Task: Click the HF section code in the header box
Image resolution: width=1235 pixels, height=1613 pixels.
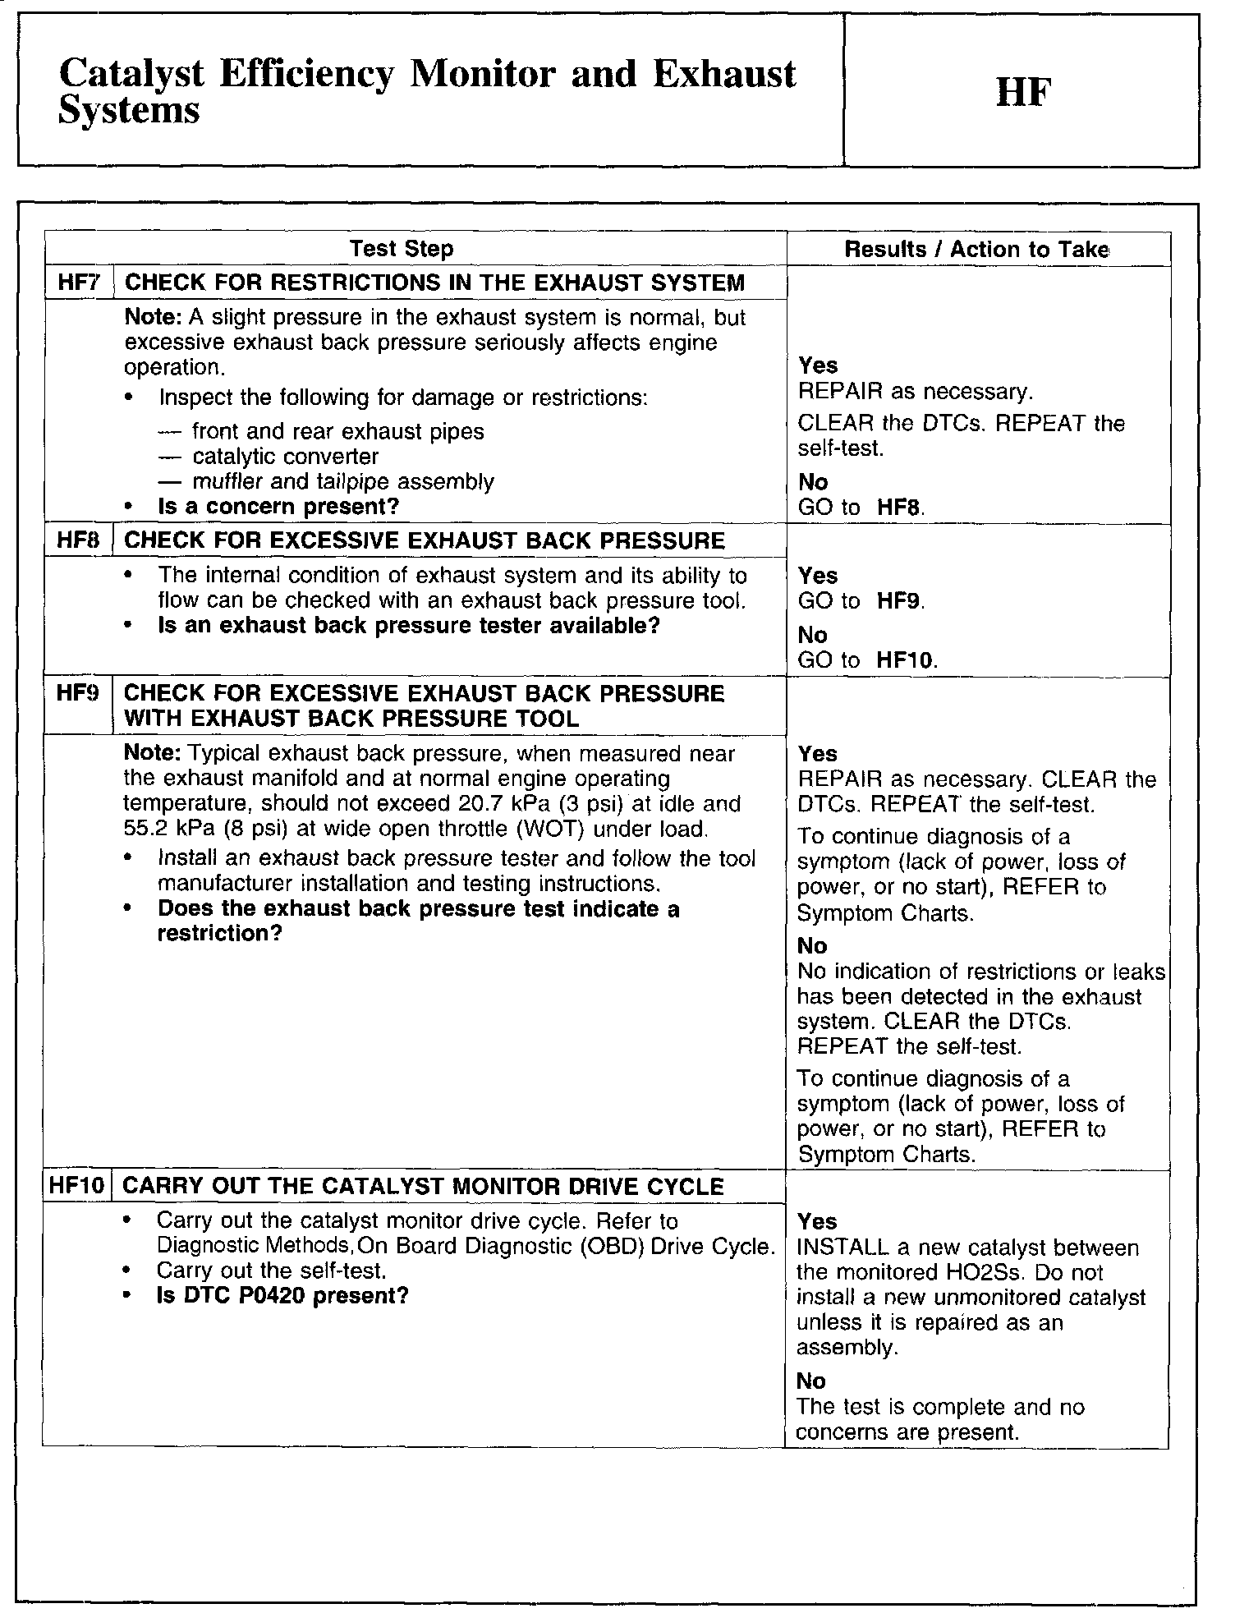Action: (x=1023, y=93)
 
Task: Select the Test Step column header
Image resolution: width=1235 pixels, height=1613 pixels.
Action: (x=401, y=249)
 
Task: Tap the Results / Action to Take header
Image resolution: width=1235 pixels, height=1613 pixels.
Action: (x=976, y=250)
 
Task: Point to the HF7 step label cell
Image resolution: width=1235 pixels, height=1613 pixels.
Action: (x=78, y=283)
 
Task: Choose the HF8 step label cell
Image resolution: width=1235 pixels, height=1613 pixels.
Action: (x=78, y=540)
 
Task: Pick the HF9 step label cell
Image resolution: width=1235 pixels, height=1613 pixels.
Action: (x=78, y=693)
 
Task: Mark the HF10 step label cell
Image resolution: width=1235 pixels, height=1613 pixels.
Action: (x=78, y=1187)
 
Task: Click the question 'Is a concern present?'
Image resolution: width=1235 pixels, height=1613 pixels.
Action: (x=278, y=507)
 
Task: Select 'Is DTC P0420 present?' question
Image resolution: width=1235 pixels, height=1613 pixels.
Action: (x=282, y=1296)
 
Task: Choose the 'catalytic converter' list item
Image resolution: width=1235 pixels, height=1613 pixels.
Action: (x=285, y=457)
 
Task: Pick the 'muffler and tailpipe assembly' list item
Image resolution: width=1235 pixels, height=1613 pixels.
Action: (x=342, y=481)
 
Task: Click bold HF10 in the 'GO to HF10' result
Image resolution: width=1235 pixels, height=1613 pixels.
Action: (x=906, y=660)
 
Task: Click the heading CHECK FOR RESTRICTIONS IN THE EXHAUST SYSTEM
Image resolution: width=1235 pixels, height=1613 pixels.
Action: (x=434, y=283)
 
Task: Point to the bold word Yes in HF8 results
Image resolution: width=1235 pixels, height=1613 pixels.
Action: (x=818, y=576)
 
